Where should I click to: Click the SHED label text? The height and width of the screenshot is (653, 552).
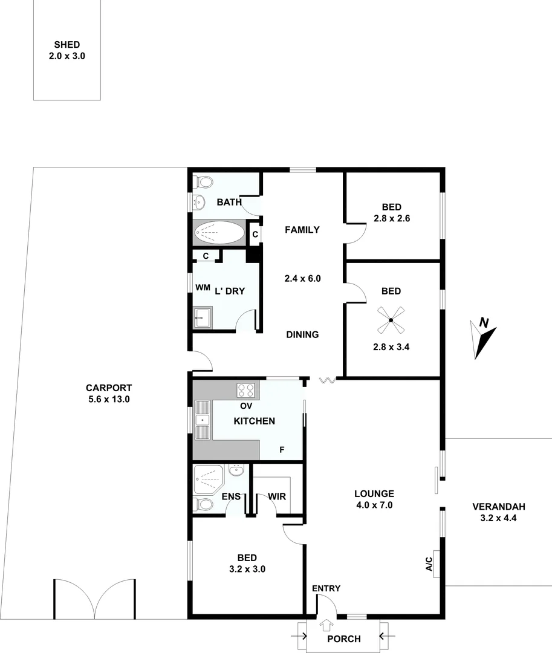(67, 45)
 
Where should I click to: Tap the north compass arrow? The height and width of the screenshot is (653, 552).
(484, 339)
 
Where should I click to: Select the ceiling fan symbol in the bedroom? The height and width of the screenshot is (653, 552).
(391, 320)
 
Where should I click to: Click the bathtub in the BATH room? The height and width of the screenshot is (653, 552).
(219, 233)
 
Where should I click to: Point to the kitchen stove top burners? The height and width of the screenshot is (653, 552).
(246, 390)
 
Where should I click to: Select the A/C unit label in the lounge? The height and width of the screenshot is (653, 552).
(429, 565)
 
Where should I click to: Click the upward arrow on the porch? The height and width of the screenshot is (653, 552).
(326, 625)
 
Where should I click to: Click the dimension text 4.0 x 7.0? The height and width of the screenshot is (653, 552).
(374, 505)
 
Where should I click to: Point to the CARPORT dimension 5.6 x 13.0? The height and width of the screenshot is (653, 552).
(109, 399)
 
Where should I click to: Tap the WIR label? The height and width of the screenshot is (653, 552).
(277, 496)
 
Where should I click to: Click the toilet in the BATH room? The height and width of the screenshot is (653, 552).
(202, 181)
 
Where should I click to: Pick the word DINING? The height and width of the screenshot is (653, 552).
(302, 334)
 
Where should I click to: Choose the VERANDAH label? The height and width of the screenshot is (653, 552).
(499, 507)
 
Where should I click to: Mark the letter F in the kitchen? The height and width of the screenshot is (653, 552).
(281, 450)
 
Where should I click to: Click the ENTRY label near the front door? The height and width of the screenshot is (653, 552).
(326, 588)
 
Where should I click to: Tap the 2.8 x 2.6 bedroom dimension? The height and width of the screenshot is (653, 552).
(391, 218)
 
